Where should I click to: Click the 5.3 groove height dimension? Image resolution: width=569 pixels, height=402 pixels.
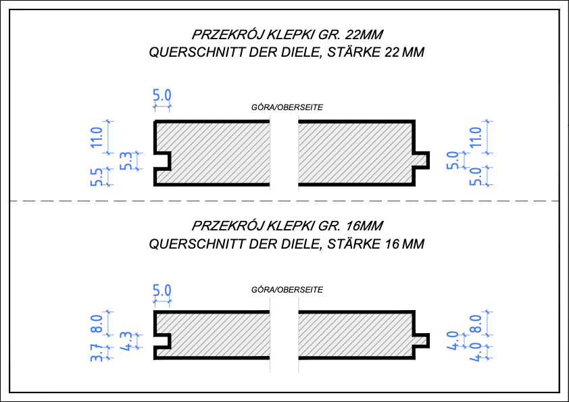pyautogui.click(x=126, y=160)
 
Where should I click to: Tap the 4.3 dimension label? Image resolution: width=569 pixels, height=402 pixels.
pyautogui.click(x=126, y=340)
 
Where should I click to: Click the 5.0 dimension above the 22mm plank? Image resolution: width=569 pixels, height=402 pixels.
pyautogui.click(x=162, y=95)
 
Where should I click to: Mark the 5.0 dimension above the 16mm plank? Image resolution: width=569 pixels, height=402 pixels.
pyautogui.click(x=162, y=291)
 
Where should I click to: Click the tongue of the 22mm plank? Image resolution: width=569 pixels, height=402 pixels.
pyautogui.click(x=421, y=160)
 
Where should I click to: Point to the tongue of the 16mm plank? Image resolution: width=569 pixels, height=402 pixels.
pyautogui.click(x=421, y=339)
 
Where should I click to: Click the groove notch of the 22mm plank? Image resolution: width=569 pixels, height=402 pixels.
pyautogui.click(x=163, y=161)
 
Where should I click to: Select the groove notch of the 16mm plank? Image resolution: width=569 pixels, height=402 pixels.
pyautogui.click(x=163, y=341)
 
